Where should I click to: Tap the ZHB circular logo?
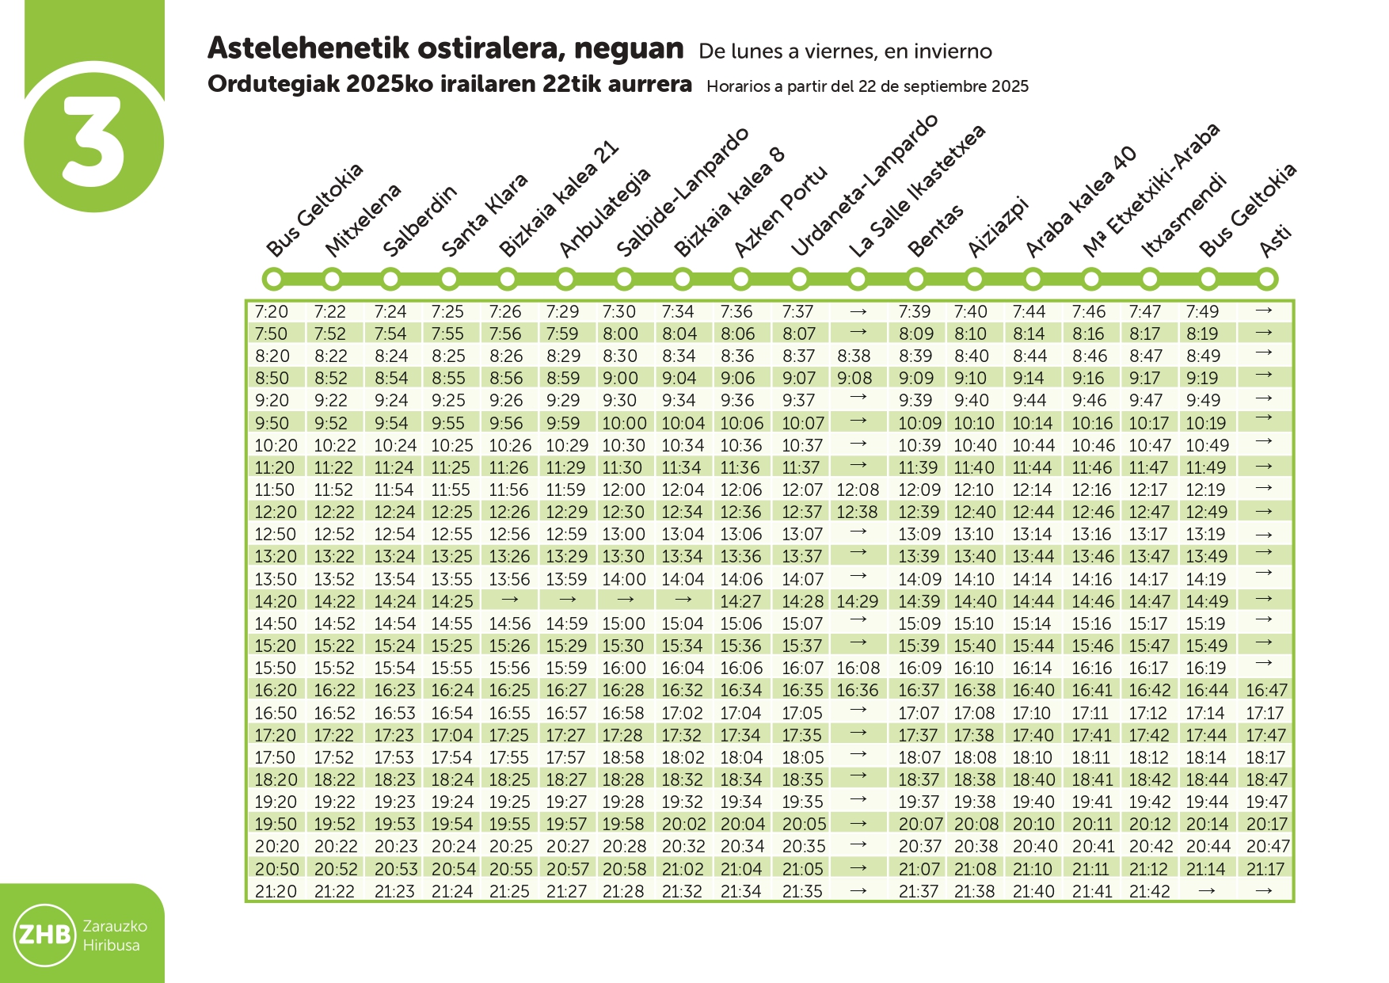tap(45, 935)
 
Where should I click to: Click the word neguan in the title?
tap(629, 49)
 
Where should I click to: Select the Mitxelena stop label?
tap(363, 220)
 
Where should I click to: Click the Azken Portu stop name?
tap(780, 211)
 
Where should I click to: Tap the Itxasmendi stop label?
tap(1183, 215)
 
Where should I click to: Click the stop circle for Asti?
tap(1266, 279)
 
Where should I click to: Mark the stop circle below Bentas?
tap(916, 279)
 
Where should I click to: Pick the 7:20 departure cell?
tap(272, 312)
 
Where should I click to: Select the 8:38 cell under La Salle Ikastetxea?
tap(854, 356)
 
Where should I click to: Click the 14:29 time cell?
tap(857, 602)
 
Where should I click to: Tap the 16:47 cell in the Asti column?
tap(1266, 691)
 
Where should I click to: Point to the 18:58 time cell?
tap(623, 758)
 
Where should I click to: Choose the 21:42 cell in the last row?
tap(1149, 892)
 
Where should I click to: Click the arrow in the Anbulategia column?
tap(567, 600)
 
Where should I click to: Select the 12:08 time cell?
tap(857, 490)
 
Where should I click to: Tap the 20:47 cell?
tap(1267, 847)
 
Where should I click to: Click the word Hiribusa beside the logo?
tap(112, 946)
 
